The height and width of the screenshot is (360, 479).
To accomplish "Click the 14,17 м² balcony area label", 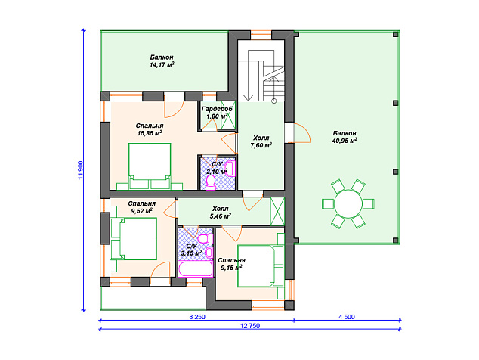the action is (162, 61).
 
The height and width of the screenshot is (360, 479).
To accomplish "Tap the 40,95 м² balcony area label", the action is (345, 137).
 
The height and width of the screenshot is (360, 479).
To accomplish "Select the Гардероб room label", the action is (217, 113).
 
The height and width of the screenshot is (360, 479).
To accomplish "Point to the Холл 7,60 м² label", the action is (261, 141).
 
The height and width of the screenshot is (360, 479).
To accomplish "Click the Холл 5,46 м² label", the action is (221, 213).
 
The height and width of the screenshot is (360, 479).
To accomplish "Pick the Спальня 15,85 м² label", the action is (150, 129).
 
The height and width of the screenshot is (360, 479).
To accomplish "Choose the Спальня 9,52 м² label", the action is (142, 207).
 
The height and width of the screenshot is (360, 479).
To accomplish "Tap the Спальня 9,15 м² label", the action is (231, 264).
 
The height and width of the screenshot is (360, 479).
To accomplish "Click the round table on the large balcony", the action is (348, 203).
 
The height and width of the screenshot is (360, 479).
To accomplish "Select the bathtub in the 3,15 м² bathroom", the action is (196, 268).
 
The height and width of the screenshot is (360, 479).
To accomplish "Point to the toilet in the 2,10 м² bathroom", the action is (211, 182).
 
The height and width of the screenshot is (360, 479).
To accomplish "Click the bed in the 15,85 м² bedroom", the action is (150, 166).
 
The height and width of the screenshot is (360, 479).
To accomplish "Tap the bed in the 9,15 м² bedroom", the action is (261, 265).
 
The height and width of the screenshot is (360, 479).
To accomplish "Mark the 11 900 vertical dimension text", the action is (80, 170).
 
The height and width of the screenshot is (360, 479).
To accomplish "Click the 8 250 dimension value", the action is (197, 317).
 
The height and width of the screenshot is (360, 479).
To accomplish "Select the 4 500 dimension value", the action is (347, 317).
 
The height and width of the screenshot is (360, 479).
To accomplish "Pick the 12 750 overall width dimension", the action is (250, 326).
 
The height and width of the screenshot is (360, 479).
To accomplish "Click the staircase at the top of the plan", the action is (261, 75).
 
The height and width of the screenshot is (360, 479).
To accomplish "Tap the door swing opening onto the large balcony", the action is (302, 133).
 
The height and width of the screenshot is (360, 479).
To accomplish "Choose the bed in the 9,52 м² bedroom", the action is (134, 239).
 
